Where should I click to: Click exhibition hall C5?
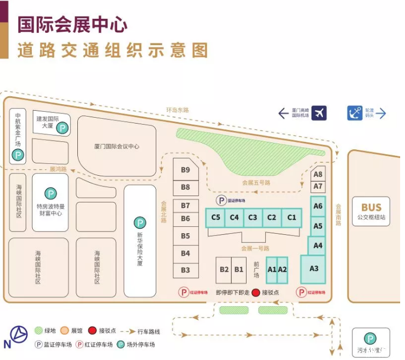(216, 218)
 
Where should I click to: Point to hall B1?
(239, 269)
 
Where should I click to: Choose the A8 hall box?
(318, 174)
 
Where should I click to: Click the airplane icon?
(319, 113)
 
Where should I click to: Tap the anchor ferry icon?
(355, 113)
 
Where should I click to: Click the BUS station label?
(371, 207)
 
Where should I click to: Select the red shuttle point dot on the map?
(256, 293)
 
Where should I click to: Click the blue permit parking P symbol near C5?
(221, 200)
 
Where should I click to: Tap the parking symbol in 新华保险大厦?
(139, 222)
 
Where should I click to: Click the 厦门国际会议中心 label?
(117, 146)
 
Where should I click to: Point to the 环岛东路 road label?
(177, 110)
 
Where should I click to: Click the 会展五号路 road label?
(256, 183)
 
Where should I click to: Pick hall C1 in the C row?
(292, 218)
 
